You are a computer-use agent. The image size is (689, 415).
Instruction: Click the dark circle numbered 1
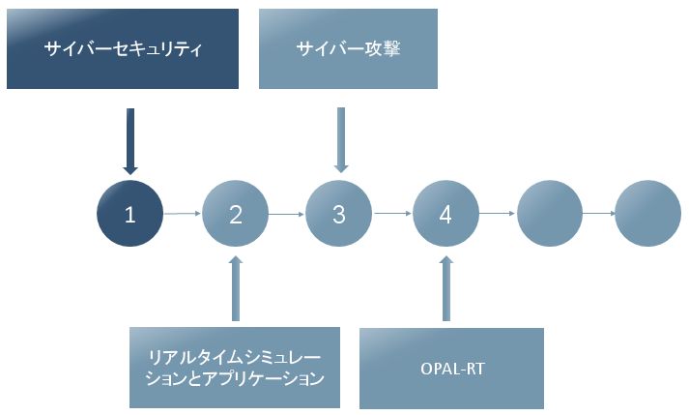coord(130,214)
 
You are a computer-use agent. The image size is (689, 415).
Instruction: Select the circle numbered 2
coord(235,214)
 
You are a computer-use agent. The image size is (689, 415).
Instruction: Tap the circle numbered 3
coord(339,214)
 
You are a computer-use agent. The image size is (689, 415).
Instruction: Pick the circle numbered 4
coord(445,214)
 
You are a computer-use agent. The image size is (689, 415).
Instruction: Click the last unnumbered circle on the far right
coord(647,214)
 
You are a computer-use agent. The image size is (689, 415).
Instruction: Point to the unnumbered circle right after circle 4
coord(550,214)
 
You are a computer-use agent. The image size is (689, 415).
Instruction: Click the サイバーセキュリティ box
coord(123,48)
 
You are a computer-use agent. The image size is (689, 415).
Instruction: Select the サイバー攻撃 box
coord(348,48)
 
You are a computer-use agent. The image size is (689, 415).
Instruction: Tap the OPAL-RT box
coord(451,369)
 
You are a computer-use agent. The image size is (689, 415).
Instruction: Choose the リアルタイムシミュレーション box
coord(235,368)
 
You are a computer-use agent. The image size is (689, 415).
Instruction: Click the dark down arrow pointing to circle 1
coord(130,141)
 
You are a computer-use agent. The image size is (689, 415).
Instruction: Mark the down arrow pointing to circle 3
coord(341,140)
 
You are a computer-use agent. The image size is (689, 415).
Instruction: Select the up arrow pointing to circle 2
coord(236,288)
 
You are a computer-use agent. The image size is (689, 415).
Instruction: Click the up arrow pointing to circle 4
coord(446,288)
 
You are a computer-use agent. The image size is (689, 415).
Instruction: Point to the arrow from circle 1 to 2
coord(183,214)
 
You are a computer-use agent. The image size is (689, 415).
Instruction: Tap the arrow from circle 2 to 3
coord(286,215)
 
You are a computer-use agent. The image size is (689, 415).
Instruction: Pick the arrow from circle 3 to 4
coord(392,214)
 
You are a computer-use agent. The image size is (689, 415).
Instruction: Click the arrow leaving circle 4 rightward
coord(498,214)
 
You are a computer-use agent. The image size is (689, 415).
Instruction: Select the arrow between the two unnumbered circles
coord(598,214)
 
